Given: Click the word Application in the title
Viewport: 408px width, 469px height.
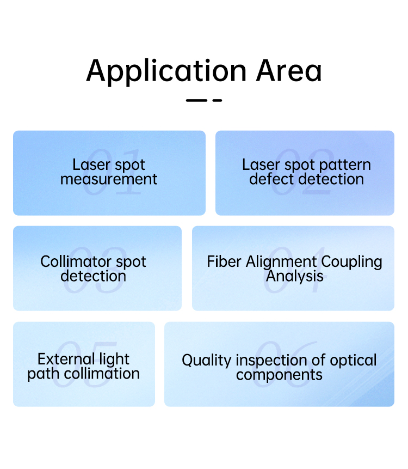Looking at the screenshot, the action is (x=166, y=72).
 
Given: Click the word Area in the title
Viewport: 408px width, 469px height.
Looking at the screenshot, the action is (x=289, y=71).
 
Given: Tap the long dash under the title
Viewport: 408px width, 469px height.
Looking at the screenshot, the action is (x=196, y=100).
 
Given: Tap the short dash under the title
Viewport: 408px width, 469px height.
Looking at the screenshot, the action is (x=217, y=100).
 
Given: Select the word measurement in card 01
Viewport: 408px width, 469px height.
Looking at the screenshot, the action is (x=109, y=179).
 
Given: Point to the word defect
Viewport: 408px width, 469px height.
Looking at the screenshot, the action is (x=271, y=179).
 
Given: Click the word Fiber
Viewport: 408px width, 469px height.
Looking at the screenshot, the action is (x=224, y=261).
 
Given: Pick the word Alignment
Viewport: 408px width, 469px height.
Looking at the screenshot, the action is (x=281, y=263).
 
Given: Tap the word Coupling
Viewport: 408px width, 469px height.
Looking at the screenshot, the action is (x=352, y=263).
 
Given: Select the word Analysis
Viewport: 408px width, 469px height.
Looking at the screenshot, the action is (x=295, y=276).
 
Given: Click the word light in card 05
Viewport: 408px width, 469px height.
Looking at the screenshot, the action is (x=114, y=360).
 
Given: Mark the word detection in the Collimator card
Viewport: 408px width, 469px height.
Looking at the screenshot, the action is (x=93, y=276).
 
